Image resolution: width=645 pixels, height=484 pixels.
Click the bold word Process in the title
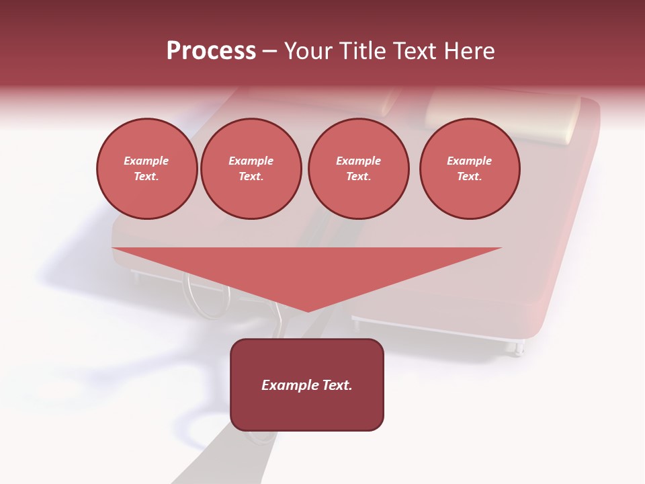coord(211,51)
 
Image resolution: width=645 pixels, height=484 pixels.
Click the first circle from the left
coord(146,169)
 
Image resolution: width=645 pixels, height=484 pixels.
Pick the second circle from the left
coord(251,169)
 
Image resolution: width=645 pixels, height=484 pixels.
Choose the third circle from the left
coord(358,169)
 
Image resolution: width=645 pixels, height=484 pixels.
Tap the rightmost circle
coord(470,169)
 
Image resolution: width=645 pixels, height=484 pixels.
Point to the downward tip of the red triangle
coord(308,311)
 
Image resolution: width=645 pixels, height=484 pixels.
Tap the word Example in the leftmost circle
coord(146,161)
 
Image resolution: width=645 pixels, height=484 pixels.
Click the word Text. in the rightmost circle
coord(470,177)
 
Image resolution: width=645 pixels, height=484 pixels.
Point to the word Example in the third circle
coord(358,161)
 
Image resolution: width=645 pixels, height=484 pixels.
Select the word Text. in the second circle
coord(251,177)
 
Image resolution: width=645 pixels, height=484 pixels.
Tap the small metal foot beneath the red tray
coord(517,347)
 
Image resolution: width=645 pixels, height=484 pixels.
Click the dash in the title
coord(269,52)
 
